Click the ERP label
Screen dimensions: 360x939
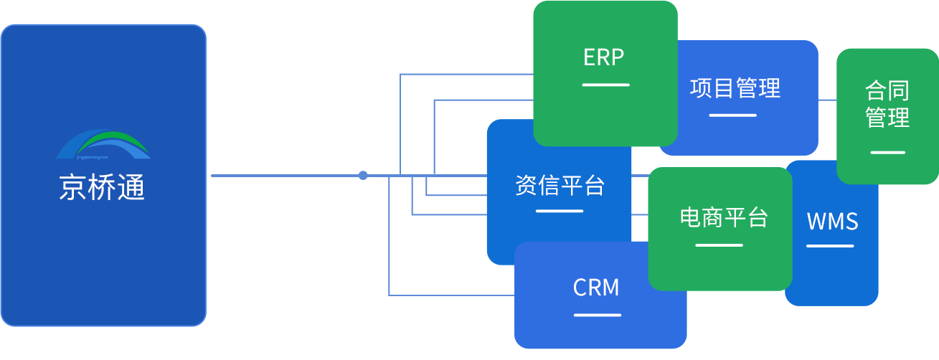tap(603, 57)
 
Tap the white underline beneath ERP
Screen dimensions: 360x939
tap(605, 85)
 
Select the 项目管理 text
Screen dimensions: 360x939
tap(735, 88)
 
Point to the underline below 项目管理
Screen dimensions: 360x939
tap(732, 115)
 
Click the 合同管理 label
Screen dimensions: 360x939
tap(887, 104)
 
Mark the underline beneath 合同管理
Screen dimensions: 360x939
tap(887, 152)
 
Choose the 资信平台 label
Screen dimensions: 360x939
tap(560, 185)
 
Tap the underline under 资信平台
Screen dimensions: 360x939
tap(559, 211)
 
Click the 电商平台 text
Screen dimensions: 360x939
tap(723, 217)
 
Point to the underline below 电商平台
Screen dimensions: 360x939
tap(719, 245)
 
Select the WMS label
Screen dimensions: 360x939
tap(832, 222)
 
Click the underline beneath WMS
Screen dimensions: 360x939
tap(830, 246)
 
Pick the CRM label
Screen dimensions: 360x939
tap(596, 288)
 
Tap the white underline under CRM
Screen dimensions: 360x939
tap(597, 314)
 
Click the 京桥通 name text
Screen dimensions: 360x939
tap(102, 188)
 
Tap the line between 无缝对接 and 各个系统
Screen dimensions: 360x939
tap(286, 174)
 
